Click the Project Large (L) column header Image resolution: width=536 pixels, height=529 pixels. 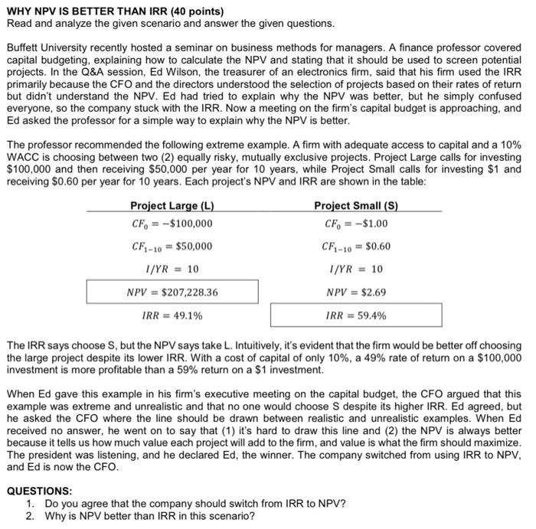(x=172, y=206)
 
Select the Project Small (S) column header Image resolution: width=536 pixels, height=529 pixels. (x=356, y=206)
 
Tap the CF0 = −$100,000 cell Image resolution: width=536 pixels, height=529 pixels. (x=172, y=224)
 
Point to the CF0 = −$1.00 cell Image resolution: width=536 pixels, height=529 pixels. (x=356, y=224)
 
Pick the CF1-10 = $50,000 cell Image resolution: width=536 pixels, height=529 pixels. (x=172, y=247)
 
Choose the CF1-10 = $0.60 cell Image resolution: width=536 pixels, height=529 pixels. (x=356, y=247)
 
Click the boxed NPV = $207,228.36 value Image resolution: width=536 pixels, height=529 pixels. (x=172, y=292)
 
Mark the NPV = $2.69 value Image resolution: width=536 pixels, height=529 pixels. (x=356, y=292)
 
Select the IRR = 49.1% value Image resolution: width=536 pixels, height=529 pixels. (x=172, y=315)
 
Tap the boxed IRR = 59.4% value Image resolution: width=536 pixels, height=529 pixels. (x=356, y=315)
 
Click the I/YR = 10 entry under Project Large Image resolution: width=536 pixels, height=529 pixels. (x=172, y=269)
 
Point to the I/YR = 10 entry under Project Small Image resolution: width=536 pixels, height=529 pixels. (x=356, y=269)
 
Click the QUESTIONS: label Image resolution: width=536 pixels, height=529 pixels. (x=39, y=491)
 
